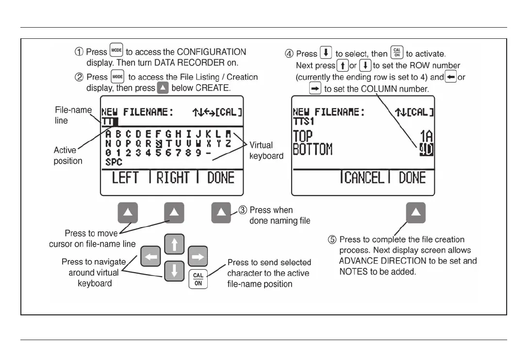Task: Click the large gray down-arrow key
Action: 174,270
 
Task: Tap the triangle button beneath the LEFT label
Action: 128,213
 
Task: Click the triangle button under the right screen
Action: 415,213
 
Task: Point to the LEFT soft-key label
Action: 125,178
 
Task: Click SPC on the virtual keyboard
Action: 114,163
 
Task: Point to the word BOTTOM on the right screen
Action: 313,148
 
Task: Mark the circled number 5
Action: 332,240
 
